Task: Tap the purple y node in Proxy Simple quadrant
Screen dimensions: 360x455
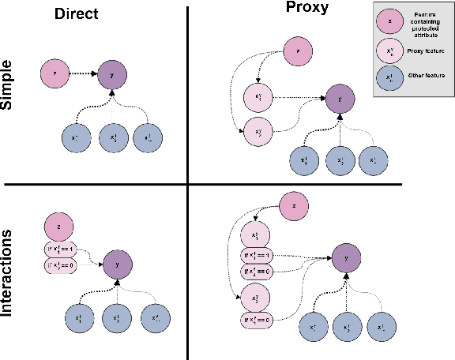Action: pos(339,99)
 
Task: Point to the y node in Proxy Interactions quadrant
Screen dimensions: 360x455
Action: pos(345,258)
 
